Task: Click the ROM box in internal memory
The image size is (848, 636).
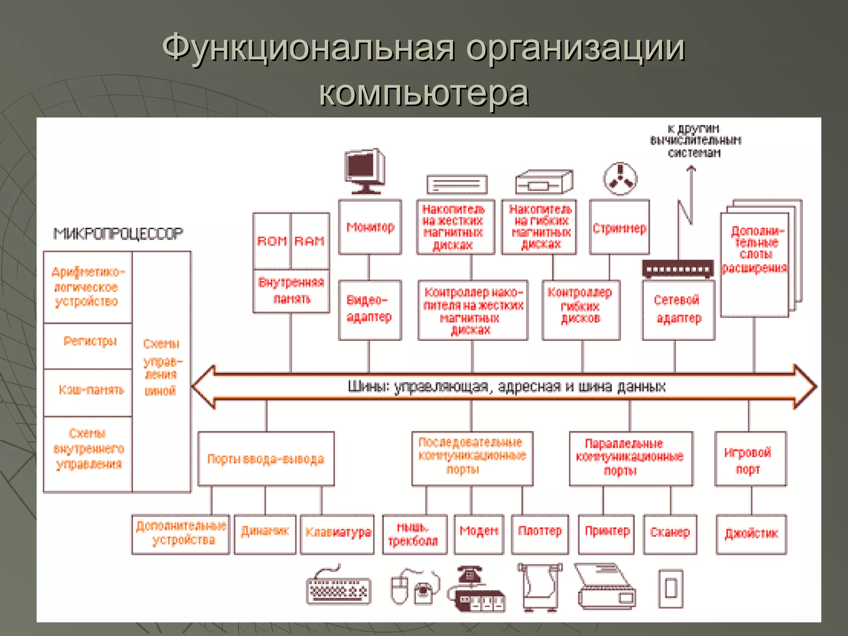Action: pos(272,241)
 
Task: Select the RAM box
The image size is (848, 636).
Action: pos(310,241)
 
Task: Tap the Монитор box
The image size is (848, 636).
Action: pos(370,227)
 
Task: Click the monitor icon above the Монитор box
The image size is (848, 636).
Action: pos(365,171)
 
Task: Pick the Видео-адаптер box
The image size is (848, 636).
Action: pos(370,310)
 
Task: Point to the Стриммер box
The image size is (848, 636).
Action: pos(619,227)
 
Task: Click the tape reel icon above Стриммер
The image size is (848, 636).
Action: pos(619,178)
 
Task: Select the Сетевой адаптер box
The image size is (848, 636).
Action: pos(678,310)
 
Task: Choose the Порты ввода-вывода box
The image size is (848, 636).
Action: pos(266,459)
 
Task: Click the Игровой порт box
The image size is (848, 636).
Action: pos(750,459)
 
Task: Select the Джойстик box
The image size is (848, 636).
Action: pos(751,534)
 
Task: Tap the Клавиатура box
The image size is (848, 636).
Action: pos(337,534)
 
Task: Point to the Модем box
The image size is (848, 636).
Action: pos(479,534)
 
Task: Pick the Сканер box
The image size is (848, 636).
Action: pos(670,534)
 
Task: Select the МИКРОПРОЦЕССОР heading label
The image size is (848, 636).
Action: pos(118,234)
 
